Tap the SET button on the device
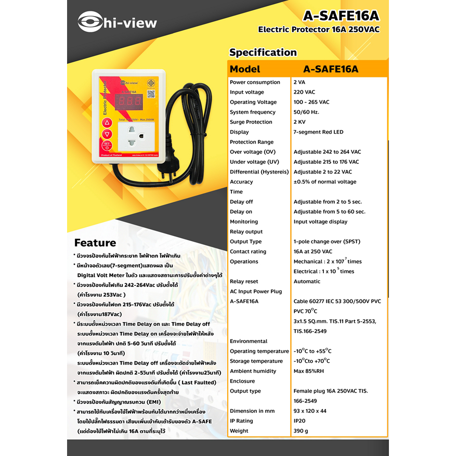point(107,146)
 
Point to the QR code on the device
point(152,94)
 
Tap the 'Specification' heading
point(263,53)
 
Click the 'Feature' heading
point(95,243)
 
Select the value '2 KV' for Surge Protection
point(300,122)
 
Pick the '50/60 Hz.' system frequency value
point(306,112)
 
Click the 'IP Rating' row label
point(241,421)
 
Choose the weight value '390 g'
point(301,431)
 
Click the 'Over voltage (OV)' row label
point(252,152)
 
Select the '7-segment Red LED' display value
point(318,132)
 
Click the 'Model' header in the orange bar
point(245,69)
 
